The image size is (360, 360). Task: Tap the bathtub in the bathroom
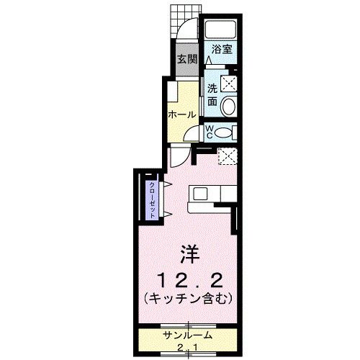pyautogui.click(x=220, y=30)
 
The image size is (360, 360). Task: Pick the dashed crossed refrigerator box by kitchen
pyautogui.click(x=227, y=156)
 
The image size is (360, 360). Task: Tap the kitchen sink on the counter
pyautogui.click(x=199, y=194)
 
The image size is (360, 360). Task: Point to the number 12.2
pyautogui.click(x=189, y=277)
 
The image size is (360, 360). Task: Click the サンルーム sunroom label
pyautogui.click(x=186, y=336)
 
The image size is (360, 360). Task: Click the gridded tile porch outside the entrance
pyautogui.click(x=184, y=17)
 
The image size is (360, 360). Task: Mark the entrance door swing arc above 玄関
pyautogui.click(x=185, y=36)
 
